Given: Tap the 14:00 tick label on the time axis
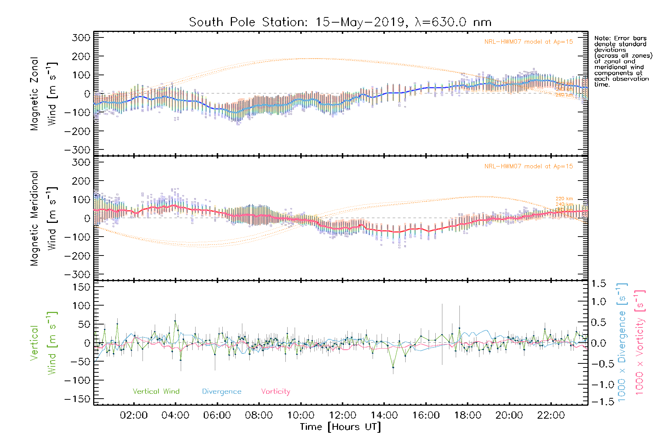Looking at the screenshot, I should pyautogui.click(x=384, y=415).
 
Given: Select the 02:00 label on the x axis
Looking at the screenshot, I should pyautogui.click(x=134, y=415).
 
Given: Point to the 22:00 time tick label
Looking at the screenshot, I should pyautogui.click(x=551, y=415).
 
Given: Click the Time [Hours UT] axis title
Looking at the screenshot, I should pyautogui.click(x=340, y=427).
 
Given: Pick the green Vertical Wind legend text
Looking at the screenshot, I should pyautogui.click(x=156, y=392).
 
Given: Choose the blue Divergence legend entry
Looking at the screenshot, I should pyautogui.click(x=222, y=392).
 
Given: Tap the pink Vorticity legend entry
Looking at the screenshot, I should pyautogui.click(x=275, y=392).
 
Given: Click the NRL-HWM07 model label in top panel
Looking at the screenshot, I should pyautogui.click(x=528, y=42).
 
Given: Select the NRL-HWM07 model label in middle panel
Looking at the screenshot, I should pyautogui.click(x=528, y=167).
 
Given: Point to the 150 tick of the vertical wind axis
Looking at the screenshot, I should pyautogui.click(x=81, y=287).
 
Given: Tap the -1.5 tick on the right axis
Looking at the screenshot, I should pyautogui.click(x=598, y=402).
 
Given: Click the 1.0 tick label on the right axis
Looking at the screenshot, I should pyautogui.click(x=598, y=301).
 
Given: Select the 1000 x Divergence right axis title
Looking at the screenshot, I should pyautogui.click(x=622, y=342).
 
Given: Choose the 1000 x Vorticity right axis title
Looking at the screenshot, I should pyautogui.click(x=640, y=342).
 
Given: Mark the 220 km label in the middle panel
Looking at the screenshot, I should pyautogui.click(x=564, y=199).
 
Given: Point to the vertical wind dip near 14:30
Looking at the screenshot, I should pyautogui.click(x=393, y=367).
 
